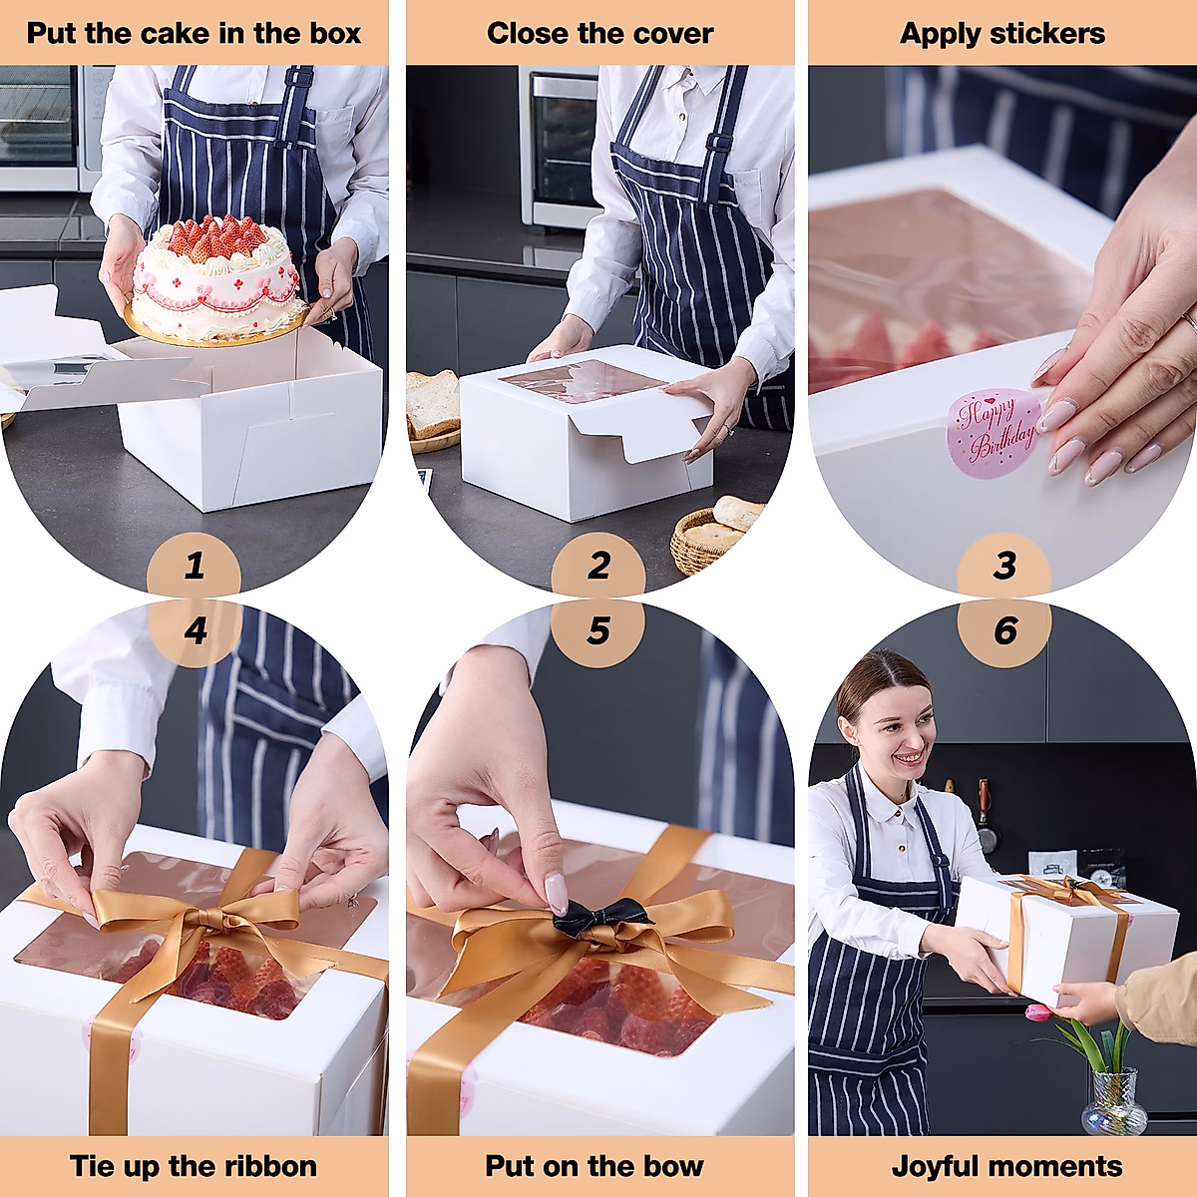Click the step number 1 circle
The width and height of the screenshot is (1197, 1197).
(194, 566)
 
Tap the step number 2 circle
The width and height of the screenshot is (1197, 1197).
(598, 566)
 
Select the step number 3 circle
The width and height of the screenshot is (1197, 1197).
(1004, 566)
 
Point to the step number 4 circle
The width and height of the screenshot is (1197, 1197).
(195, 631)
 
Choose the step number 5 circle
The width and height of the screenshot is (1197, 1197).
(598, 631)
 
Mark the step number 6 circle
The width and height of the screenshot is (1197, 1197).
(1004, 631)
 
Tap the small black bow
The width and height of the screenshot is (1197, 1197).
(600, 917)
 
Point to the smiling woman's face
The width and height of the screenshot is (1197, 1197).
(898, 733)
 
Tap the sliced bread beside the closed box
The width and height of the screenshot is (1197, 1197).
(433, 404)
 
